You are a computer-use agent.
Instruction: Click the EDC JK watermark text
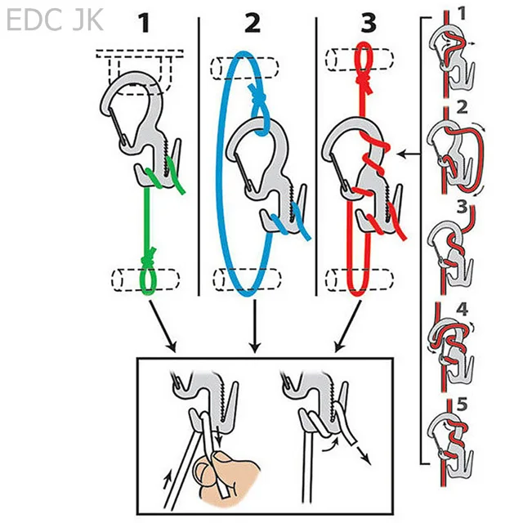[55, 20]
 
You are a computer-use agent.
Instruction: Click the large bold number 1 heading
[145, 23]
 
